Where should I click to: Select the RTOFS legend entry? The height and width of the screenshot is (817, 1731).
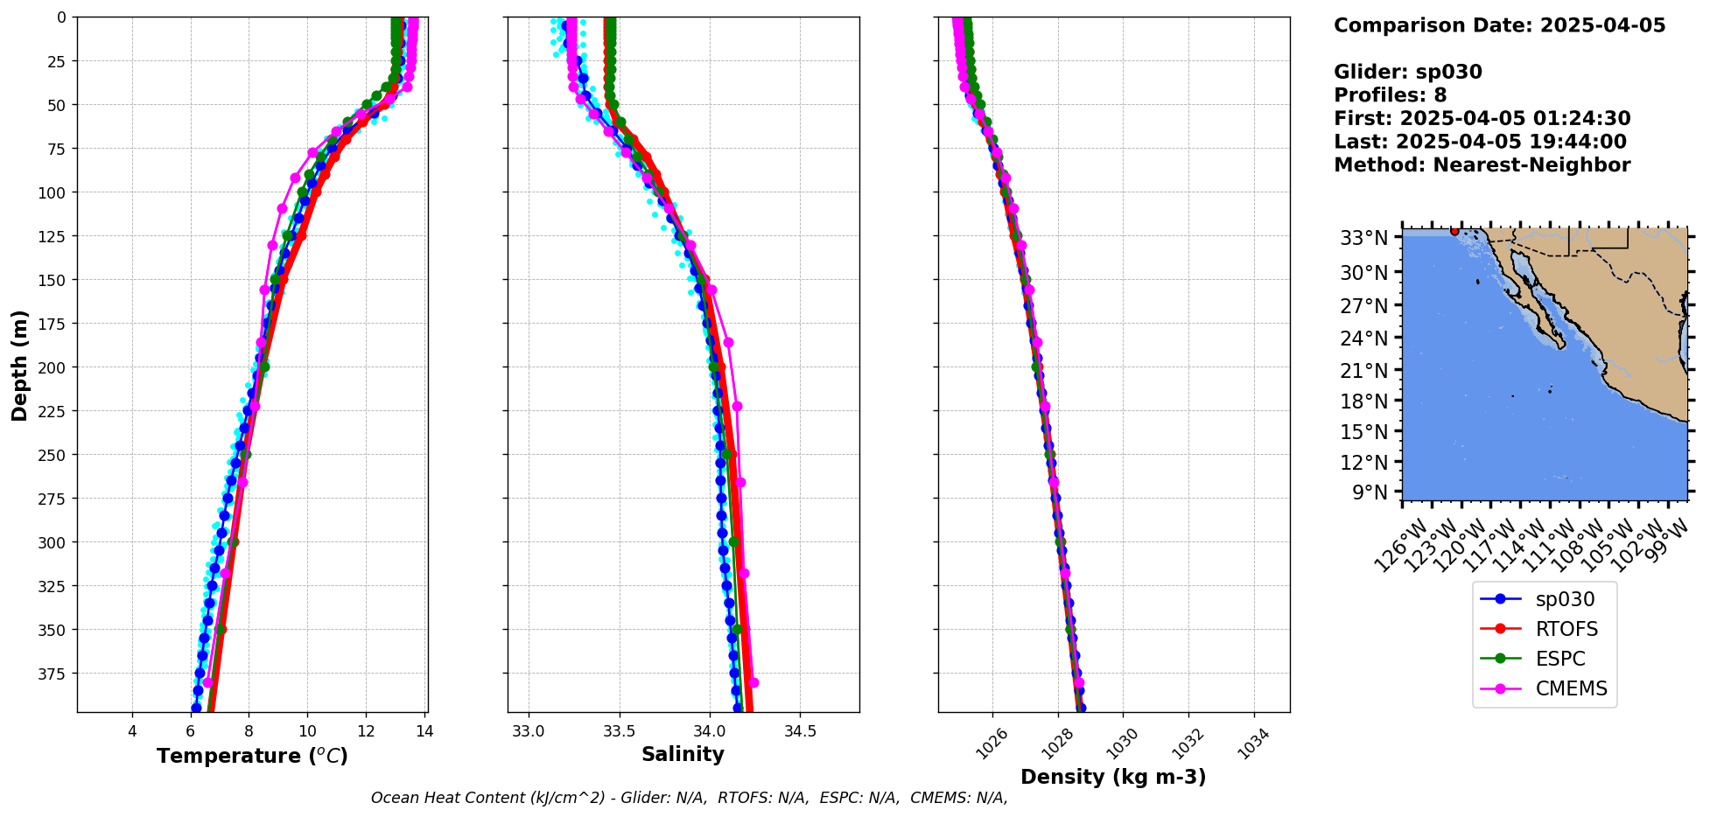coord(1566,629)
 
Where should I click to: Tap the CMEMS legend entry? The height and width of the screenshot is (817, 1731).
coord(1571,688)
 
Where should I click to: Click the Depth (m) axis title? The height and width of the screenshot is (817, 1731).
coord(19,365)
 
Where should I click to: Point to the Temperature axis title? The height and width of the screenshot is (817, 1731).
coord(252,756)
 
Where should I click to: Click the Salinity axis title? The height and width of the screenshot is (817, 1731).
coord(683,754)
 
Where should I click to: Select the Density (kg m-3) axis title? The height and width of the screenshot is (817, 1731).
coord(1113,777)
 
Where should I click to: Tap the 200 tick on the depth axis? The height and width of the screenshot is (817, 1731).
coord(53,367)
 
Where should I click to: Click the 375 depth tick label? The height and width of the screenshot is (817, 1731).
coord(53,674)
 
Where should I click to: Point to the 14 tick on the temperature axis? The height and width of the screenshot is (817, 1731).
coord(424,731)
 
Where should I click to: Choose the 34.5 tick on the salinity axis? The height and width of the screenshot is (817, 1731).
coord(800,731)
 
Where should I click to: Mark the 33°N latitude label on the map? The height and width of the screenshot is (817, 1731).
coord(1364,238)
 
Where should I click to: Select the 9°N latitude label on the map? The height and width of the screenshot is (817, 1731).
coord(1370,492)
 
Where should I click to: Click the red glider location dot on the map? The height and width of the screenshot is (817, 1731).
coord(1454,231)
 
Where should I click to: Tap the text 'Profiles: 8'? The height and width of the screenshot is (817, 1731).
coord(1390,95)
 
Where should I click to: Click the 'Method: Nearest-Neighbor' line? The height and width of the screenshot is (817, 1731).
coord(1482,165)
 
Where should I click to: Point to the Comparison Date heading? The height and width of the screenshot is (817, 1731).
coord(1499,25)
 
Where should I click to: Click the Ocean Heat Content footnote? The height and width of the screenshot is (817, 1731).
coord(689,798)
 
